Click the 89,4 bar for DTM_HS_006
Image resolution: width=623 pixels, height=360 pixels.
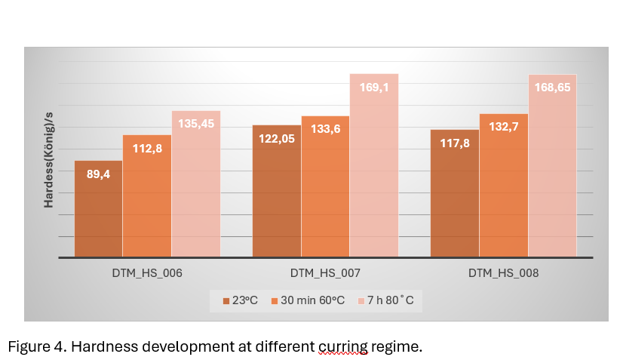coord(99,209)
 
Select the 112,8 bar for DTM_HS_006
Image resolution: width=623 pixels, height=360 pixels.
coord(147,196)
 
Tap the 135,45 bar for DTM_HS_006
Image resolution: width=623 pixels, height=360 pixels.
coord(196,184)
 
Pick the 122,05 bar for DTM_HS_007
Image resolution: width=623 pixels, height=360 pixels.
coord(277,191)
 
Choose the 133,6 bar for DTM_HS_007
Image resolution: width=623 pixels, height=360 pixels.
coord(325,186)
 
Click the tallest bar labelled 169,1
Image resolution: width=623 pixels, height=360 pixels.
coord(374,165)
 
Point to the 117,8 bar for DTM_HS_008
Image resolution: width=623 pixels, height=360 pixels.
coord(455,193)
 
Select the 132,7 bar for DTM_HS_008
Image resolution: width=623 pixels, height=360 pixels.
coord(504,186)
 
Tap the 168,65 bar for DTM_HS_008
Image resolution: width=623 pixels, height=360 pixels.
coord(553,166)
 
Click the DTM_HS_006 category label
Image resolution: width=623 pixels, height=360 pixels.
coord(147,273)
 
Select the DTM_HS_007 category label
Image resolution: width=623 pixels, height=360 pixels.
coord(325,273)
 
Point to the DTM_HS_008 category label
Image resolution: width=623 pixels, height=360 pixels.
coord(503,273)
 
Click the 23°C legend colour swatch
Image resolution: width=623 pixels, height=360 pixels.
coord(226,301)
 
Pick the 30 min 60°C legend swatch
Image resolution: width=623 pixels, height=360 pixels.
coord(274,301)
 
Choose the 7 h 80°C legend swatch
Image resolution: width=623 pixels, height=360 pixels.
coord(361,301)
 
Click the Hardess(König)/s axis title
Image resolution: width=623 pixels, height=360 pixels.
coord(48,160)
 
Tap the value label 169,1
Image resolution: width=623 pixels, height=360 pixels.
coord(374,88)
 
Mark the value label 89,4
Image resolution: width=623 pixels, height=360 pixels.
coord(99,174)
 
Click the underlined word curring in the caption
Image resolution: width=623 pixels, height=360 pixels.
coord(343,347)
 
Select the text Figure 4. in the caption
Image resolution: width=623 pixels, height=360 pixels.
coord(37,347)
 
